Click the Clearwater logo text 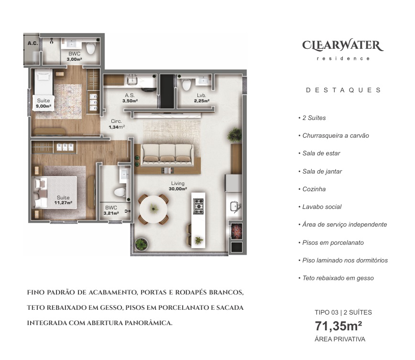pos(343,46)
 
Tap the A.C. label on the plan pos(33,43)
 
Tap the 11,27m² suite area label pos(63,200)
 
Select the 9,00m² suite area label pos(44,103)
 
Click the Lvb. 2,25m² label pos(200,98)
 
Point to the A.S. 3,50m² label pos(130,98)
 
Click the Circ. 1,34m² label pos(117,124)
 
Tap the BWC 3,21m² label pos(111,210)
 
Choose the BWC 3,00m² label pos(74,56)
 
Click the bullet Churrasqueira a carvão pos(335,135)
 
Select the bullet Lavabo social pos(322,207)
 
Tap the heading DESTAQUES pos(343,90)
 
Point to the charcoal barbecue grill pos(236,231)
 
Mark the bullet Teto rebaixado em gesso pos(338,278)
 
